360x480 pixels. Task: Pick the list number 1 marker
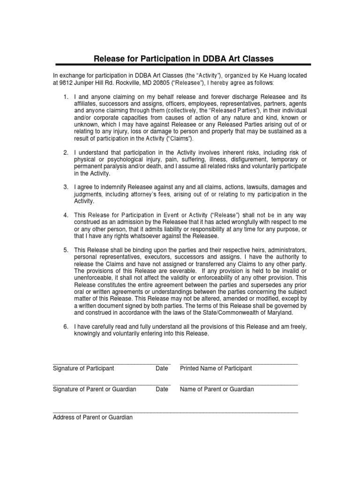(x=66, y=96)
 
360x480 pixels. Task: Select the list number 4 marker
(x=66, y=215)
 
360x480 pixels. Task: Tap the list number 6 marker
(x=66, y=326)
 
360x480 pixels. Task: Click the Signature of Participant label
(x=83, y=368)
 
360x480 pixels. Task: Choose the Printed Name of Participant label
(x=216, y=368)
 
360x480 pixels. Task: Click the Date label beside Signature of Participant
(x=162, y=368)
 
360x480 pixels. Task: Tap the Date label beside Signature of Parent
(x=162, y=390)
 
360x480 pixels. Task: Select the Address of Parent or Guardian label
(x=93, y=417)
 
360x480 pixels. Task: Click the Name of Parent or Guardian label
(x=217, y=390)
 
